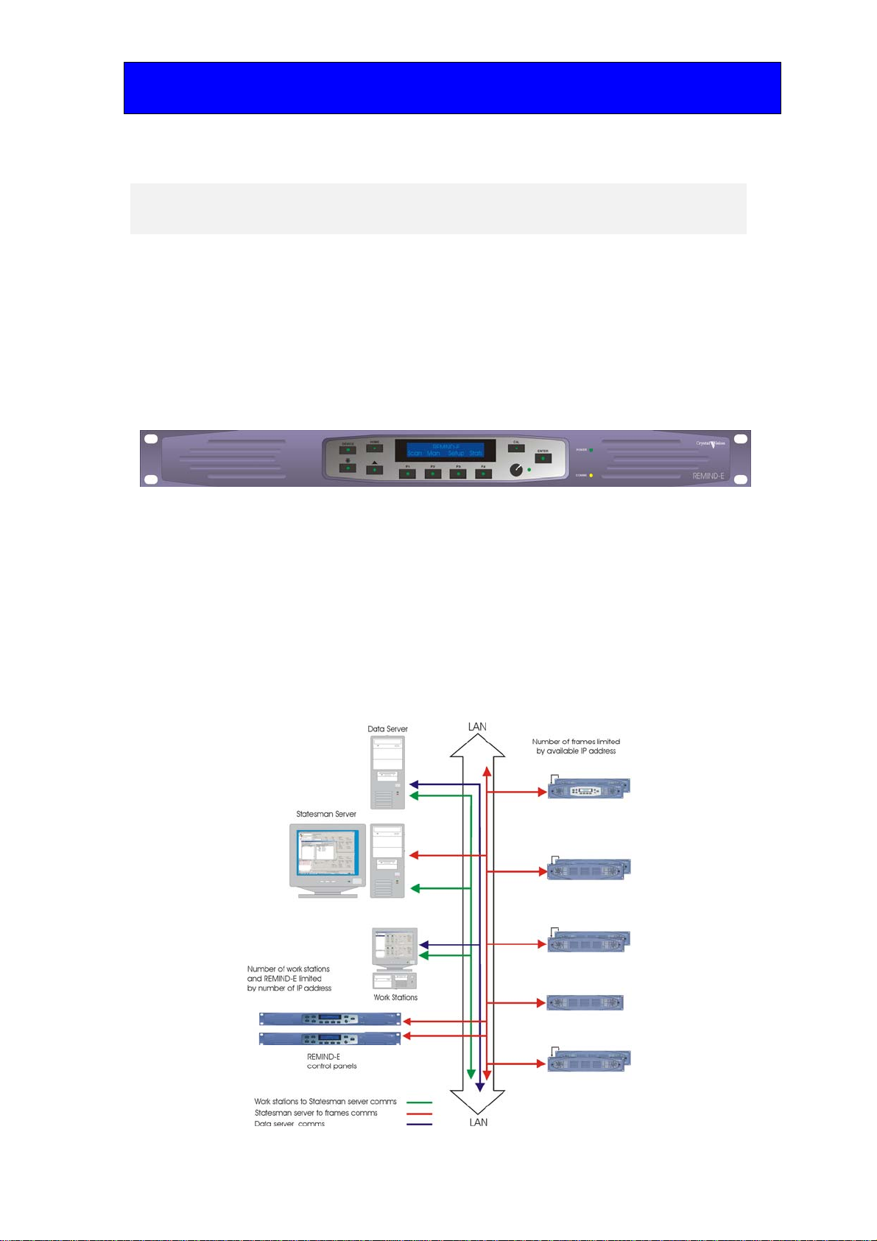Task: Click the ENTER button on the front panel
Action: (x=543, y=458)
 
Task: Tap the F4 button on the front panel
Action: (x=483, y=474)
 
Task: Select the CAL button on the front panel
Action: (x=517, y=448)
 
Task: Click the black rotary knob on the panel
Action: (x=516, y=469)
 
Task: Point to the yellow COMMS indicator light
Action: (x=591, y=476)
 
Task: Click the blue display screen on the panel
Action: (x=440, y=451)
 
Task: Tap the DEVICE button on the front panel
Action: (x=348, y=450)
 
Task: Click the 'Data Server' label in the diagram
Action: (x=387, y=729)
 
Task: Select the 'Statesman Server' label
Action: (x=326, y=814)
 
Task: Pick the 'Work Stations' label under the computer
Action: (x=395, y=997)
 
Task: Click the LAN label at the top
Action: (x=477, y=727)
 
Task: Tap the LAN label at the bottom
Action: (x=479, y=1122)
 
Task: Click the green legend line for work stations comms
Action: (x=419, y=1103)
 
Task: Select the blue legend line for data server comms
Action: (x=419, y=1125)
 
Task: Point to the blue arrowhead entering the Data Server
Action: (x=414, y=784)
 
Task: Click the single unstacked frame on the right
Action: (x=585, y=1002)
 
